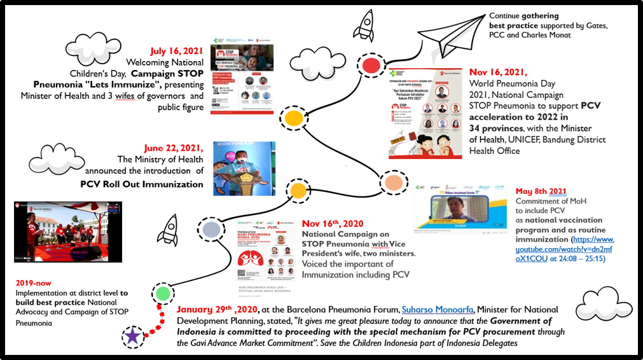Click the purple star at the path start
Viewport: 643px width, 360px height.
(x=132, y=335)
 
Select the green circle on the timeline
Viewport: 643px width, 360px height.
(x=163, y=293)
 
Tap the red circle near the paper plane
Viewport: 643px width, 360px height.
(x=370, y=64)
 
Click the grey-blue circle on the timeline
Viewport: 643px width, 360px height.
(x=212, y=228)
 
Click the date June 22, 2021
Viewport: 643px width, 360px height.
(x=174, y=148)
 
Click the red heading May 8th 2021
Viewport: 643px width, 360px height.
(x=541, y=191)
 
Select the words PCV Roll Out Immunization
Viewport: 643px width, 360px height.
(x=141, y=184)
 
